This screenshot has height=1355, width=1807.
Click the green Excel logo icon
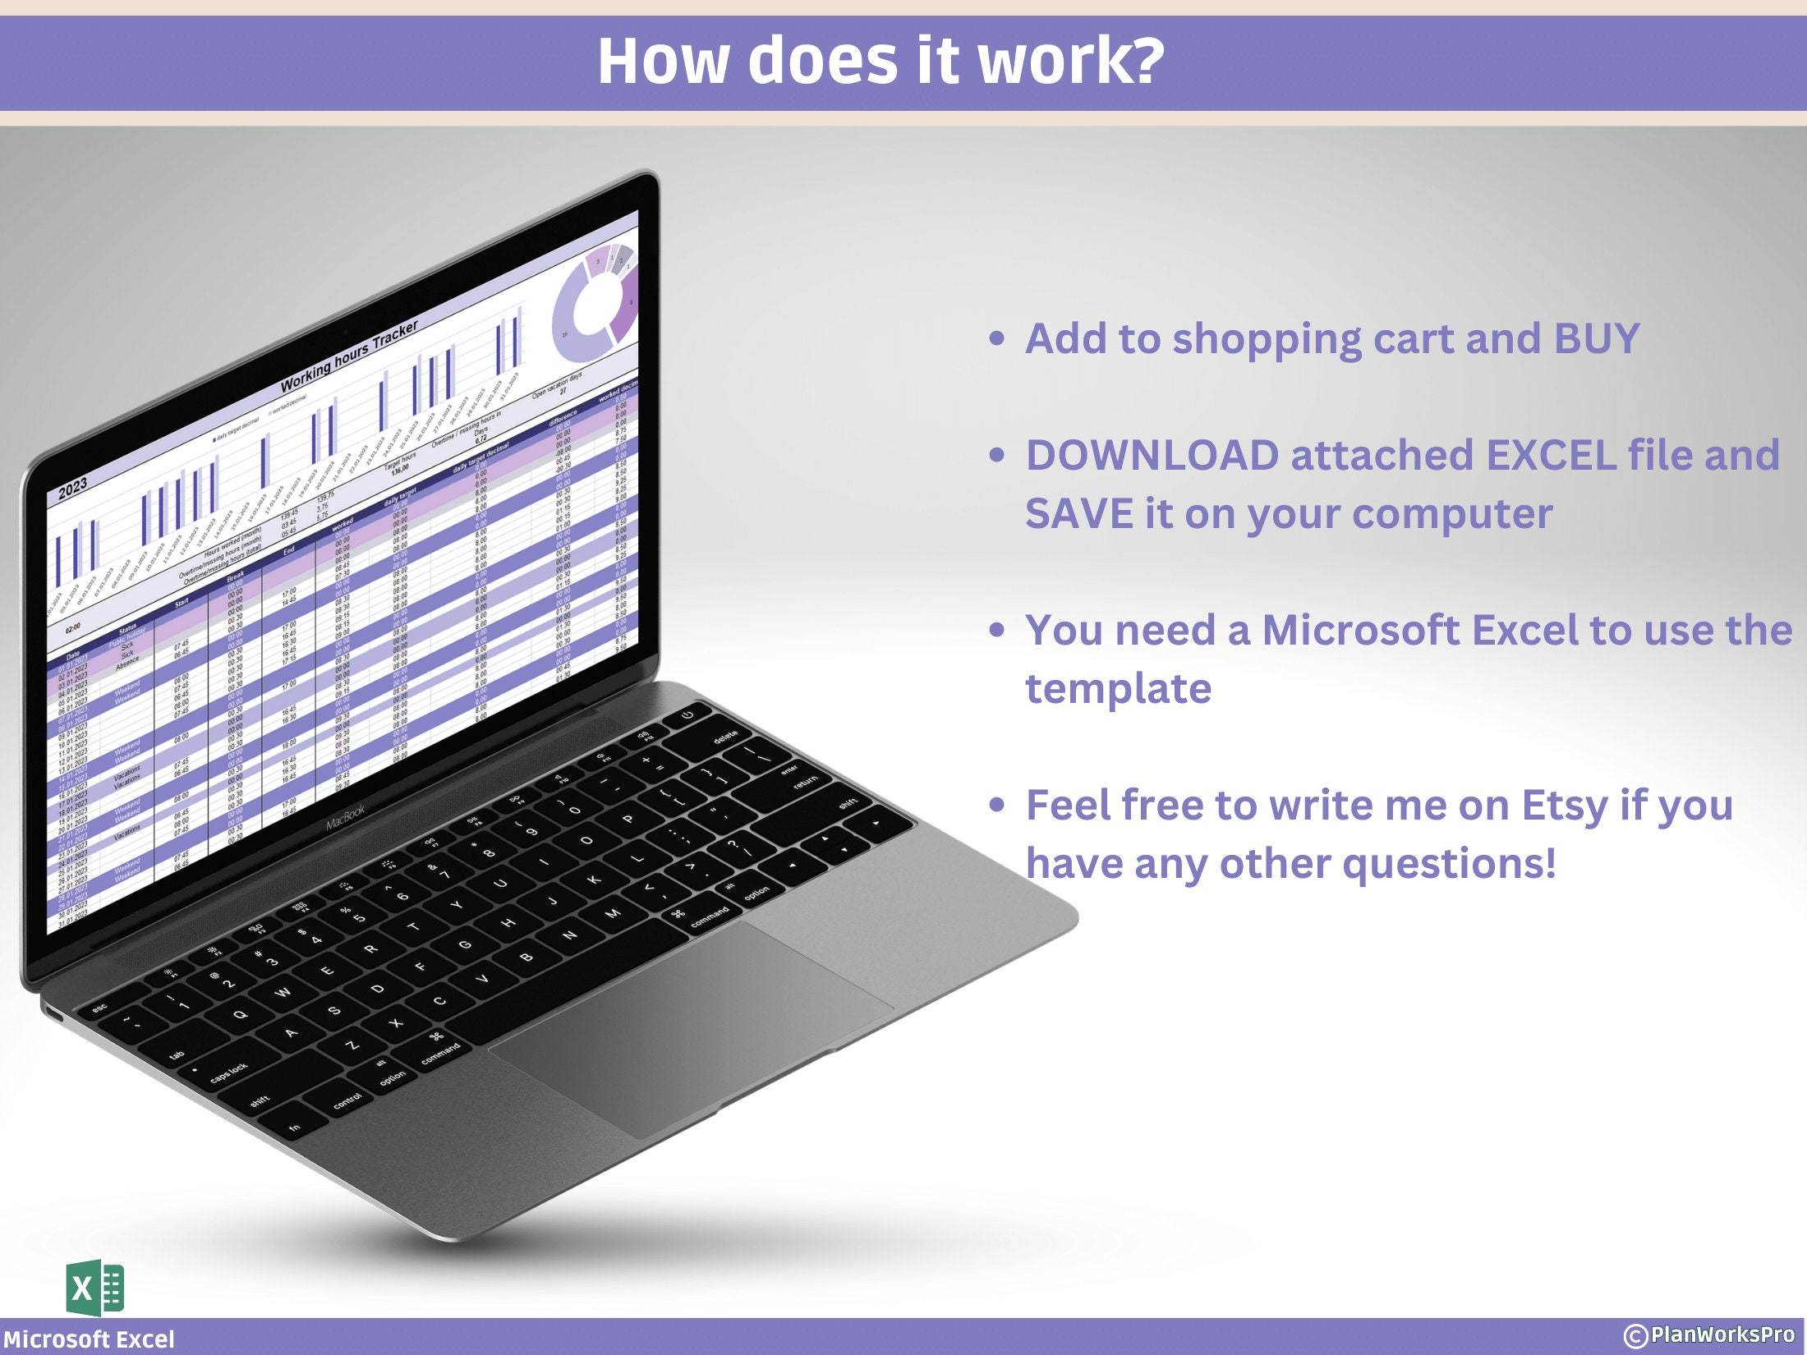[95, 1288]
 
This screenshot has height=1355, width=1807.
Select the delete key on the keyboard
[724, 738]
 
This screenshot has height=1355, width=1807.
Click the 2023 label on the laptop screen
[72, 488]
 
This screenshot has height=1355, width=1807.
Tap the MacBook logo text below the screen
[345, 817]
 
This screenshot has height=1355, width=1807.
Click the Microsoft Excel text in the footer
[89, 1339]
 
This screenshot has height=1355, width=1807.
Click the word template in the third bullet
[1117, 688]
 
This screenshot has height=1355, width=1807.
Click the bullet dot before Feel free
[997, 805]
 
